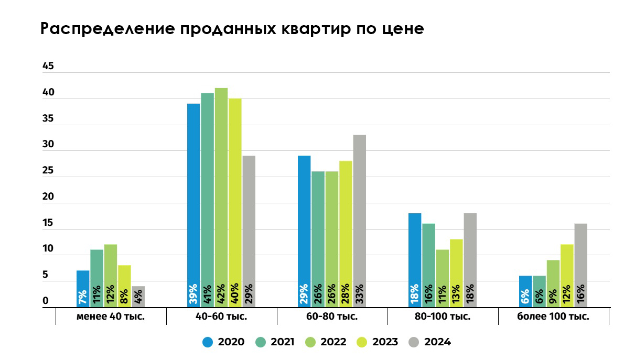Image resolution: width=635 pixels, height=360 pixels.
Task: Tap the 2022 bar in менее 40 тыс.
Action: tap(111, 276)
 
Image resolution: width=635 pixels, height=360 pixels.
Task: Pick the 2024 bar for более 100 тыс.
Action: tap(580, 265)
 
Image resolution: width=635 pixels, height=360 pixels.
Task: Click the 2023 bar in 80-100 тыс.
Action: tap(456, 273)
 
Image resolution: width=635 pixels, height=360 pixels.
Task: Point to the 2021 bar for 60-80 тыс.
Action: tap(318, 239)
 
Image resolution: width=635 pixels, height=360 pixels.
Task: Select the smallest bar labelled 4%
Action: tap(138, 297)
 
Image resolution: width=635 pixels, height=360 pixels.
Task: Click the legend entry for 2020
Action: tap(223, 342)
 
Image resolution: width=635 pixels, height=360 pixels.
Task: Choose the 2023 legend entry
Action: tap(378, 342)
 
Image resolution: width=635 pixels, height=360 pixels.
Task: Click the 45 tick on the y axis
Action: tap(48, 67)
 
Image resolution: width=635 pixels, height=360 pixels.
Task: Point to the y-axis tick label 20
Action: tap(48, 197)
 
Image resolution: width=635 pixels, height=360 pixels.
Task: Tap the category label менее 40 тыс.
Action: tap(111, 317)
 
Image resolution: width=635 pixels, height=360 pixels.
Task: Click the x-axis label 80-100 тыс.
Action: tap(443, 317)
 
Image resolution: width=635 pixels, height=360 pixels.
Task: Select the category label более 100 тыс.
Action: tap(553, 317)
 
